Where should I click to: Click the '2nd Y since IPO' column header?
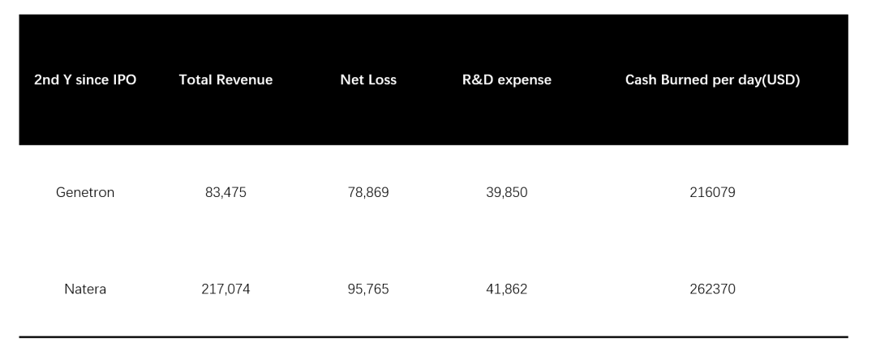(x=85, y=79)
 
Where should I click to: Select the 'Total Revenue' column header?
(x=225, y=79)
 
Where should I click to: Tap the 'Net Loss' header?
(x=368, y=79)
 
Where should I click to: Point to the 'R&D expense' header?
(x=507, y=80)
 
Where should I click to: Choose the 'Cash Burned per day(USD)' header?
(x=712, y=80)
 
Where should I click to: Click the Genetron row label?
(x=85, y=192)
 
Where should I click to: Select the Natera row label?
(x=85, y=289)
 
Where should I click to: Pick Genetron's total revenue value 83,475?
(x=225, y=192)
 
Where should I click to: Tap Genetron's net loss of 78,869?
(x=368, y=192)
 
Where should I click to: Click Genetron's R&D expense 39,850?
(x=507, y=192)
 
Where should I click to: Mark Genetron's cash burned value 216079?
(x=712, y=192)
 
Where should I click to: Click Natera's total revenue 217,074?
(x=225, y=289)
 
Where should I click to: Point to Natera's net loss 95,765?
(x=368, y=289)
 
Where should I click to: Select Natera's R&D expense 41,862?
(x=507, y=289)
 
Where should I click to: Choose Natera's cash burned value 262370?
(x=712, y=289)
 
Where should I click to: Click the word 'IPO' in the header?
(x=124, y=79)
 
